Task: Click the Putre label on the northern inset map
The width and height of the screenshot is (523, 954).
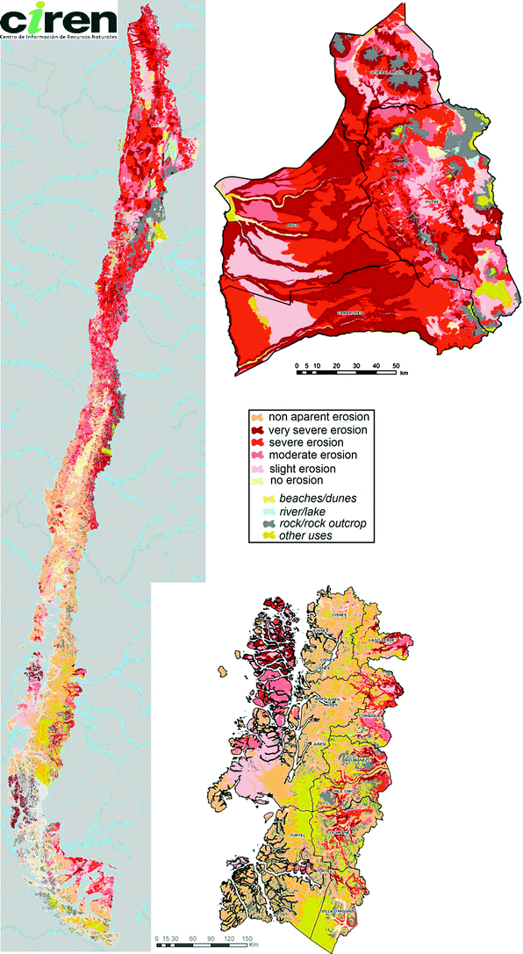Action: (431, 201)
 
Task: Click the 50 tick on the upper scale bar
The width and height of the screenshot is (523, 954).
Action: (396, 363)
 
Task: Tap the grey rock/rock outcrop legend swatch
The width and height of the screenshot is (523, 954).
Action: (258, 522)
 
